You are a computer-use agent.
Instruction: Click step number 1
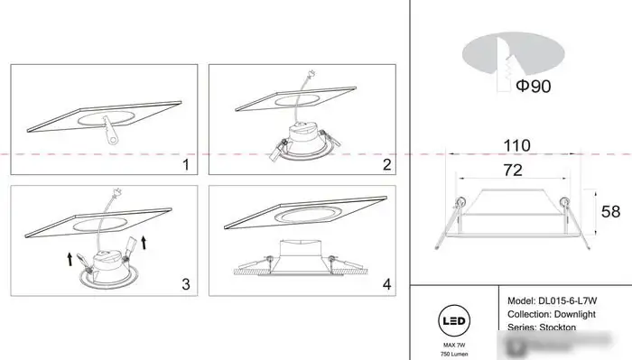pos(185,165)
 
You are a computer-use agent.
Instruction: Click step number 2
pos(386,165)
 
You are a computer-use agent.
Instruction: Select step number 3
pos(185,284)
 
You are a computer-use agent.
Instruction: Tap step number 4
pos(386,284)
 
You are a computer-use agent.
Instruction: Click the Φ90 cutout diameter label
pos(534,87)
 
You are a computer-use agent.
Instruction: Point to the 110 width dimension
pos(516,145)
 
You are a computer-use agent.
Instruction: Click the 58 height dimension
pos(610,212)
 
